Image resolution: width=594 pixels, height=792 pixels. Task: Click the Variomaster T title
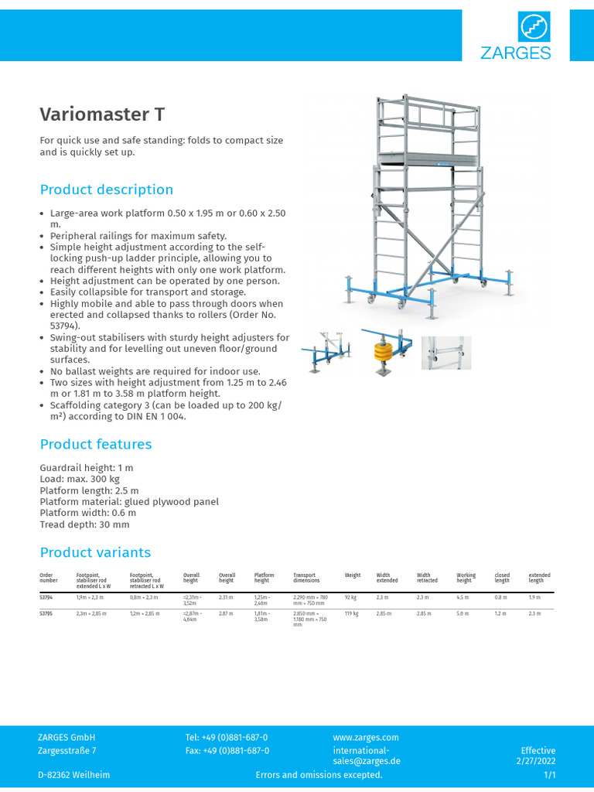(x=102, y=114)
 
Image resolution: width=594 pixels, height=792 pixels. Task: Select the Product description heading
(x=107, y=189)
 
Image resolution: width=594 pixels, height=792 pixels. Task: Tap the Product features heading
(x=96, y=444)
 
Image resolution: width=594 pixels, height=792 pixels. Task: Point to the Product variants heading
(x=95, y=552)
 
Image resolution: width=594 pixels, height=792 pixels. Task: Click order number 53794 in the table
(x=46, y=597)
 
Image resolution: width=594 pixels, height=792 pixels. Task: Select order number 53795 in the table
(x=46, y=613)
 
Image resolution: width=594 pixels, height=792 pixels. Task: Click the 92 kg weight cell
(x=350, y=597)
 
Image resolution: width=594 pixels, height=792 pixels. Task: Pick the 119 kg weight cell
(x=351, y=613)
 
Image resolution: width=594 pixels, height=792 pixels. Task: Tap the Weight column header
(x=353, y=575)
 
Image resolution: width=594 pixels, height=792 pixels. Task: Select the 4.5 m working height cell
(x=463, y=597)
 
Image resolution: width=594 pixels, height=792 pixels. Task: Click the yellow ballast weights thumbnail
(x=386, y=352)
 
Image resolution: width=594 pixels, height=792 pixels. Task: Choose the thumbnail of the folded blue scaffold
(x=326, y=353)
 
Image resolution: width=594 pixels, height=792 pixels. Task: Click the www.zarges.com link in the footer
(x=366, y=738)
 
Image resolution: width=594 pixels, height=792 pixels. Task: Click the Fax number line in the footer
(x=227, y=750)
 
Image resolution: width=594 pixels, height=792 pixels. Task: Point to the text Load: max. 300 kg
(x=85, y=479)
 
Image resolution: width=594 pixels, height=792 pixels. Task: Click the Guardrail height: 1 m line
(x=87, y=468)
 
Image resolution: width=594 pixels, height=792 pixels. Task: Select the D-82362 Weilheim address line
(x=73, y=775)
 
